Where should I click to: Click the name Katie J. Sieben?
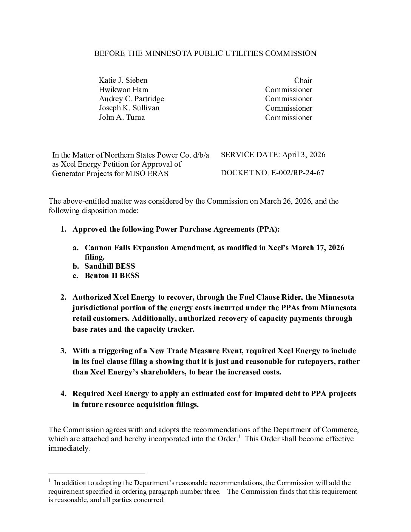point(123,80)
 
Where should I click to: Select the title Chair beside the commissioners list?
point(303,80)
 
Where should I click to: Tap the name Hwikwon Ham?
point(123,90)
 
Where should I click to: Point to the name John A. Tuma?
point(122,117)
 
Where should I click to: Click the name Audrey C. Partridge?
point(131,99)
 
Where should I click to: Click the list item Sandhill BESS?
point(110,266)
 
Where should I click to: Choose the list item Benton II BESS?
point(112,275)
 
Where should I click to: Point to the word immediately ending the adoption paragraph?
point(69,448)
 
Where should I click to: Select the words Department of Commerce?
point(315,430)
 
